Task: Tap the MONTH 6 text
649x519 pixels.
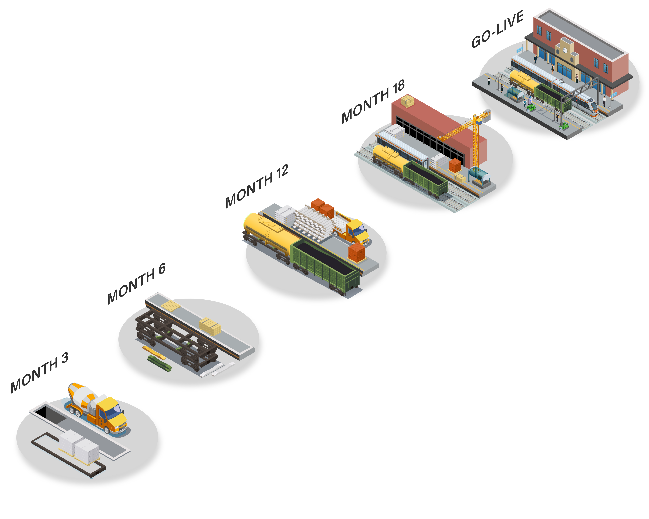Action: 136,283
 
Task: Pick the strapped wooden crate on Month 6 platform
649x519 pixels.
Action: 210,326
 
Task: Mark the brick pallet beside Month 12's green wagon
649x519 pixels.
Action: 357,252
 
